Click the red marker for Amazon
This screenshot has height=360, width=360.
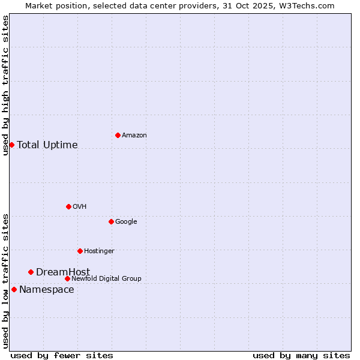[118, 135]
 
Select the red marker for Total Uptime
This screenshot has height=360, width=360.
[11, 145]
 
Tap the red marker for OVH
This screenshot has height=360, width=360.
[68, 206]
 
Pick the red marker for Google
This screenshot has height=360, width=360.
[111, 221]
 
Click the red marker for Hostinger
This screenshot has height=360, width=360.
[80, 251]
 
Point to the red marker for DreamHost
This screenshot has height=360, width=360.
[31, 272]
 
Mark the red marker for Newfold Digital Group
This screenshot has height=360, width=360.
[67, 278]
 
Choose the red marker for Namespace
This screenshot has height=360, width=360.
[14, 289]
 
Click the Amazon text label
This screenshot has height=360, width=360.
[134, 136]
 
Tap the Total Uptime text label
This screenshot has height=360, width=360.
[47, 145]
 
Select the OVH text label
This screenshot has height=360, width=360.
[80, 207]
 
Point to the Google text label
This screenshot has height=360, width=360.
[126, 222]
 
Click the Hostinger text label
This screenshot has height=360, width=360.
[99, 251]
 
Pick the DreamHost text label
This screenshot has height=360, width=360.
[63, 272]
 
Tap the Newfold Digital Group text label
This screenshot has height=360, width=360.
[106, 279]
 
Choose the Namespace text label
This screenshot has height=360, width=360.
[47, 290]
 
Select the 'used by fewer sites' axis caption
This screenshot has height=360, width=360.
[62, 355]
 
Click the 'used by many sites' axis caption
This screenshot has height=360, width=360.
[301, 355]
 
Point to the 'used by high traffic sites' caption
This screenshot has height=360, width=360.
[5, 85]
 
